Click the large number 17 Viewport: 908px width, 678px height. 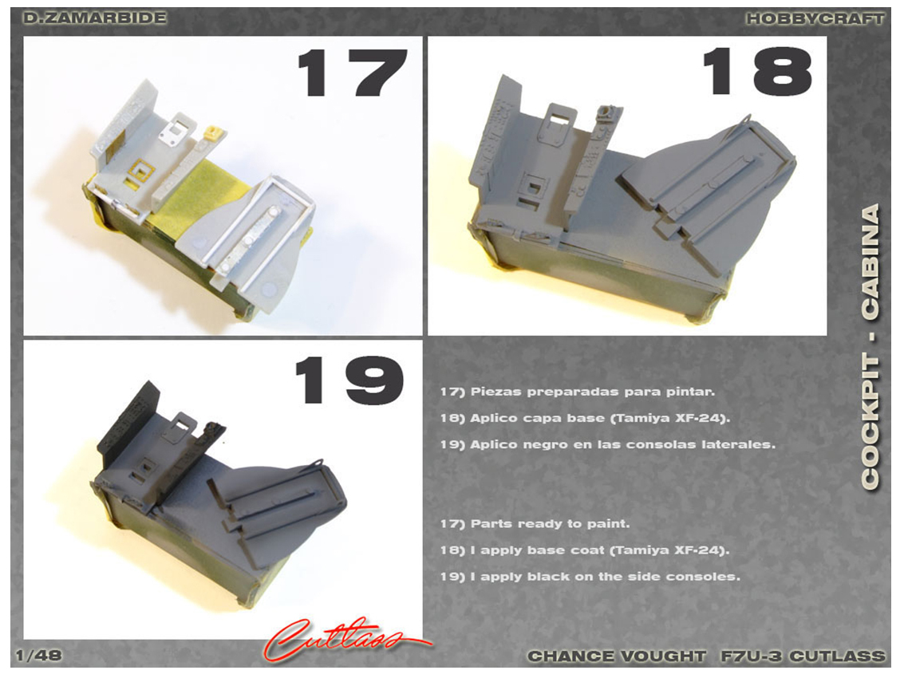pyautogui.click(x=352, y=73)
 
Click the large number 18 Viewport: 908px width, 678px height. pyautogui.click(x=756, y=71)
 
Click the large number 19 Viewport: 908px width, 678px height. pyautogui.click(x=349, y=380)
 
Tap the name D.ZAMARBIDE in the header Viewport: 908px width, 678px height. pyautogui.click(x=95, y=18)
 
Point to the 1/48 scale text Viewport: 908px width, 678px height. pyautogui.click(x=38, y=656)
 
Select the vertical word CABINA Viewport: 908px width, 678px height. pyautogui.click(x=870, y=262)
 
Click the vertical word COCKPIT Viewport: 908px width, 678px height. pyautogui.click(x=870, y=423)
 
